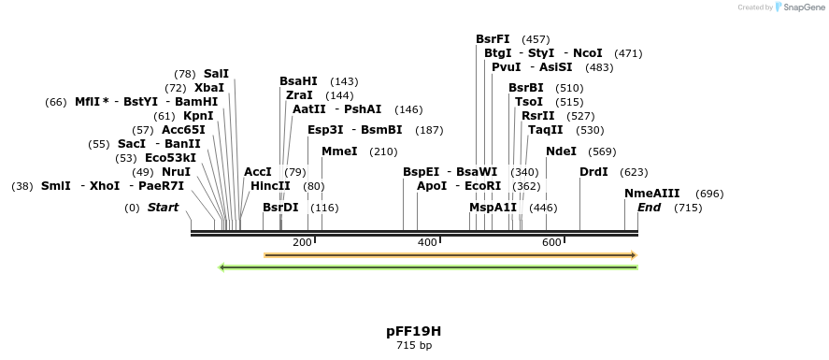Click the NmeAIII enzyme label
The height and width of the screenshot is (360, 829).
coord(652,194)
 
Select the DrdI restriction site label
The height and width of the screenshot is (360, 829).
coord(593,172)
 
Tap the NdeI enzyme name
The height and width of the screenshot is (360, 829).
coord(561,151)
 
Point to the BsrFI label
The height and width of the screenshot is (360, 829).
coord(493,39)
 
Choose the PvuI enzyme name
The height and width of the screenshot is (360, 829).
coord(506,67)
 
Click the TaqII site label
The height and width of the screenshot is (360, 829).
coord(546,130)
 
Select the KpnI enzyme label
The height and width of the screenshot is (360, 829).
coord(198,116)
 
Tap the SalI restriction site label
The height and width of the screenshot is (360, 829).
coord(216,74)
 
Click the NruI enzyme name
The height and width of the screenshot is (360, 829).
coord(176,172)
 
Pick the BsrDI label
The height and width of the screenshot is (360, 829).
coord(280,208)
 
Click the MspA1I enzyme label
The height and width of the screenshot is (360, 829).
coord(493,208)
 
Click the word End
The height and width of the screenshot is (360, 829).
coord(650,208)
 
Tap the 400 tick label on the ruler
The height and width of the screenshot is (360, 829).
coord(427,243)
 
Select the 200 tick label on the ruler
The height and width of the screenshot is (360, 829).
coord(302,243)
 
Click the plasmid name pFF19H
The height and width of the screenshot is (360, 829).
coord(413,331)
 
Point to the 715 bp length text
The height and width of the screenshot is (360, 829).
coord(413,346)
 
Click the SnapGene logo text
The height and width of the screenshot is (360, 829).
coord(802,7)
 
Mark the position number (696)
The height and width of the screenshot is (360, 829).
coord(710,194)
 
